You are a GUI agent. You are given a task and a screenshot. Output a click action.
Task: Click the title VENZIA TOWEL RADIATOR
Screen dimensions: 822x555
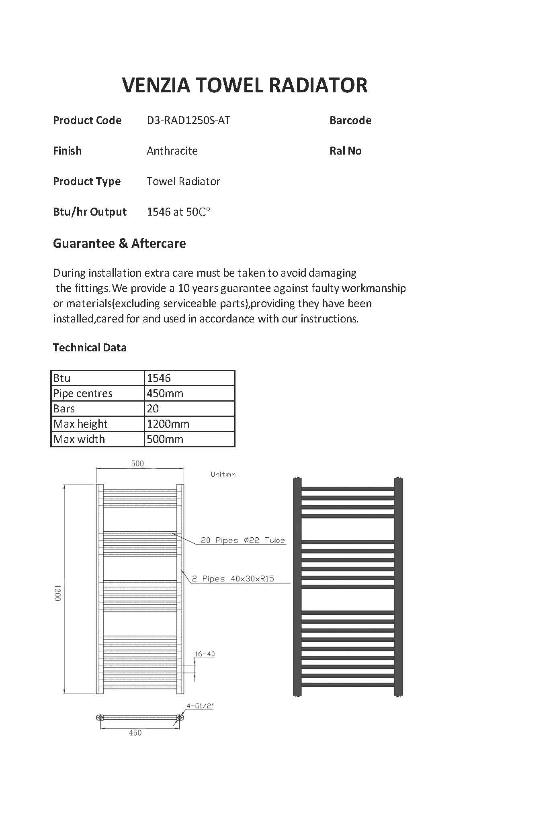pyautogui.click(x=244, y=85)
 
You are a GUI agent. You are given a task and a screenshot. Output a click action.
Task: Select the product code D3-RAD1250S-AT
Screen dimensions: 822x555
pyautogui.click(x=188, y=120)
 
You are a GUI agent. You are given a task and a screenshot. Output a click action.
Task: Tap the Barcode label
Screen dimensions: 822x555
pyautogui.click(x=350, y=120)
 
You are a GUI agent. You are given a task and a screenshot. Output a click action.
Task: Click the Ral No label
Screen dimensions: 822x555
pyautogui.click(x=345, y=151)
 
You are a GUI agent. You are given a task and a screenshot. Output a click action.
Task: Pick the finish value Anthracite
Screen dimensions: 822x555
pyautogui.click(x=172, y=151)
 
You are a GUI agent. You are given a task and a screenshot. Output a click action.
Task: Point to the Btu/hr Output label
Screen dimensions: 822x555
pyautogui.click(x=90, y=212)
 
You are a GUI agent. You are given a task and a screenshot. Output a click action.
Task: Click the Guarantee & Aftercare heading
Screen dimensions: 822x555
pyautogui.click(x=119, y=243)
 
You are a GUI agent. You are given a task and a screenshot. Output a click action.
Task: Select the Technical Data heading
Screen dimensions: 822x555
pyautogui.click(x=90, y=348)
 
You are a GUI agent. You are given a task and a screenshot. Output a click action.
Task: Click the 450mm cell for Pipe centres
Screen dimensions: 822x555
pyautogui.click(x=165, y=394)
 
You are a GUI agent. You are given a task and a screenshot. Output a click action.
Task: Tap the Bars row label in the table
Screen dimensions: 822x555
pyautogui.click(x=64, y=409)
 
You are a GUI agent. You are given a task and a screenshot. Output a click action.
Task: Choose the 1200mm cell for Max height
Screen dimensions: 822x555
pyautogui.click(x=168, y=424)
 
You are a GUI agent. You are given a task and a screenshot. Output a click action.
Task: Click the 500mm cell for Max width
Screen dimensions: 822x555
pyautogui.click(x=165, y=439)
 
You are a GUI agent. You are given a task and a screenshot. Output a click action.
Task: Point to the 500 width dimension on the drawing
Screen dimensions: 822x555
pyautogui.click(x=137, y=464)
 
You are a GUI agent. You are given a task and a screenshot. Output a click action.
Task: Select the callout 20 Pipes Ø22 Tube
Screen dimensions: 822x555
pyautogui.click(x=243, y=541)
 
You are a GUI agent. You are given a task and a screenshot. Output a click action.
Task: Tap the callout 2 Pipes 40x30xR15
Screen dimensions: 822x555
pyautogui.click(x=233, y=579)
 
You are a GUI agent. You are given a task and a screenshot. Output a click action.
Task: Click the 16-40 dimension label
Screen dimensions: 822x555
pyautogui.click(x=205, y=654)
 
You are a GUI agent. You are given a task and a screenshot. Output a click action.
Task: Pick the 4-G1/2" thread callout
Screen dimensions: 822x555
pyautogui.click(x=199, y=706)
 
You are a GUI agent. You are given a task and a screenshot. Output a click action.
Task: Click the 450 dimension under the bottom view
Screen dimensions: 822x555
pyautogui.click(x=135, y=733)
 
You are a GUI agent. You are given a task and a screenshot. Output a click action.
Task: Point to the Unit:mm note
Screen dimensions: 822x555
pyautogui.click(x=223, y=475)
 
